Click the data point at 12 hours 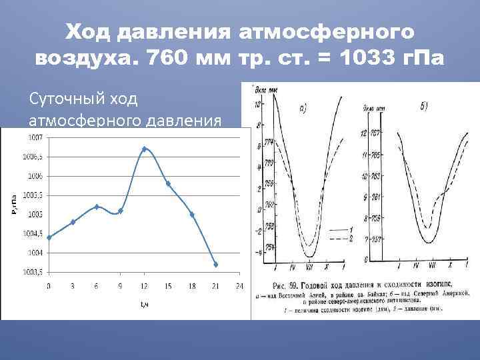tap(145, 149)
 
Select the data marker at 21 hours tap(216, 265)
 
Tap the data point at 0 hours tap(49, 237)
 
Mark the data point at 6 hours tap(97, 207)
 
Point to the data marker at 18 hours tap(192, 215)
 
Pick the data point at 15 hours tap(168, 183)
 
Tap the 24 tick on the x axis tap(239, 286)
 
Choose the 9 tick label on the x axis tap(121, 286)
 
